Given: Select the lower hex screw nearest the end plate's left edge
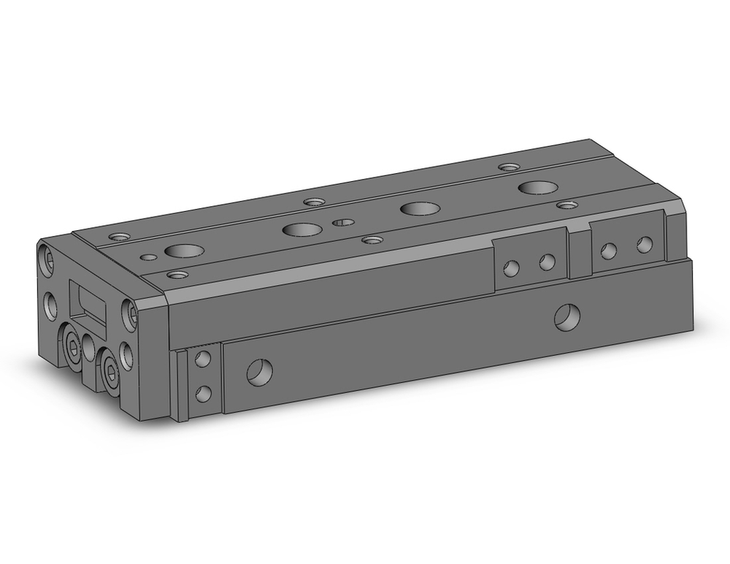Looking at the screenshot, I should click(73, 348).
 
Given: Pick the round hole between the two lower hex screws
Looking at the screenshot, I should click(91, 348).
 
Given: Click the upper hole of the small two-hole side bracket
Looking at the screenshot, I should click(204, 359).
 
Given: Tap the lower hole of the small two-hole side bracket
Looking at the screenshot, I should click(204, 394).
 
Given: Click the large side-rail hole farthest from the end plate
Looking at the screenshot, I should click(567, 316).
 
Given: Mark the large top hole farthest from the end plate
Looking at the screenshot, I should click(537, 188).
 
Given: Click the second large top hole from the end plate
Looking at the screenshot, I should click(300, 229).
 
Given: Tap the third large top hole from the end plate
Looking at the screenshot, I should click(418, 208).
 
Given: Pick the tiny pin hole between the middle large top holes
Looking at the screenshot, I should click(343, 221).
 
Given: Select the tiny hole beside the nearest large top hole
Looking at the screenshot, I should click(150, 256).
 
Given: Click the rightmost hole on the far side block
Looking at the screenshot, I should click(644, 245).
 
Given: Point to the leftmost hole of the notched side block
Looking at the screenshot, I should click(512, 268).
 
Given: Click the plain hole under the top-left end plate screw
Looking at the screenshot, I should click(50, 304).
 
